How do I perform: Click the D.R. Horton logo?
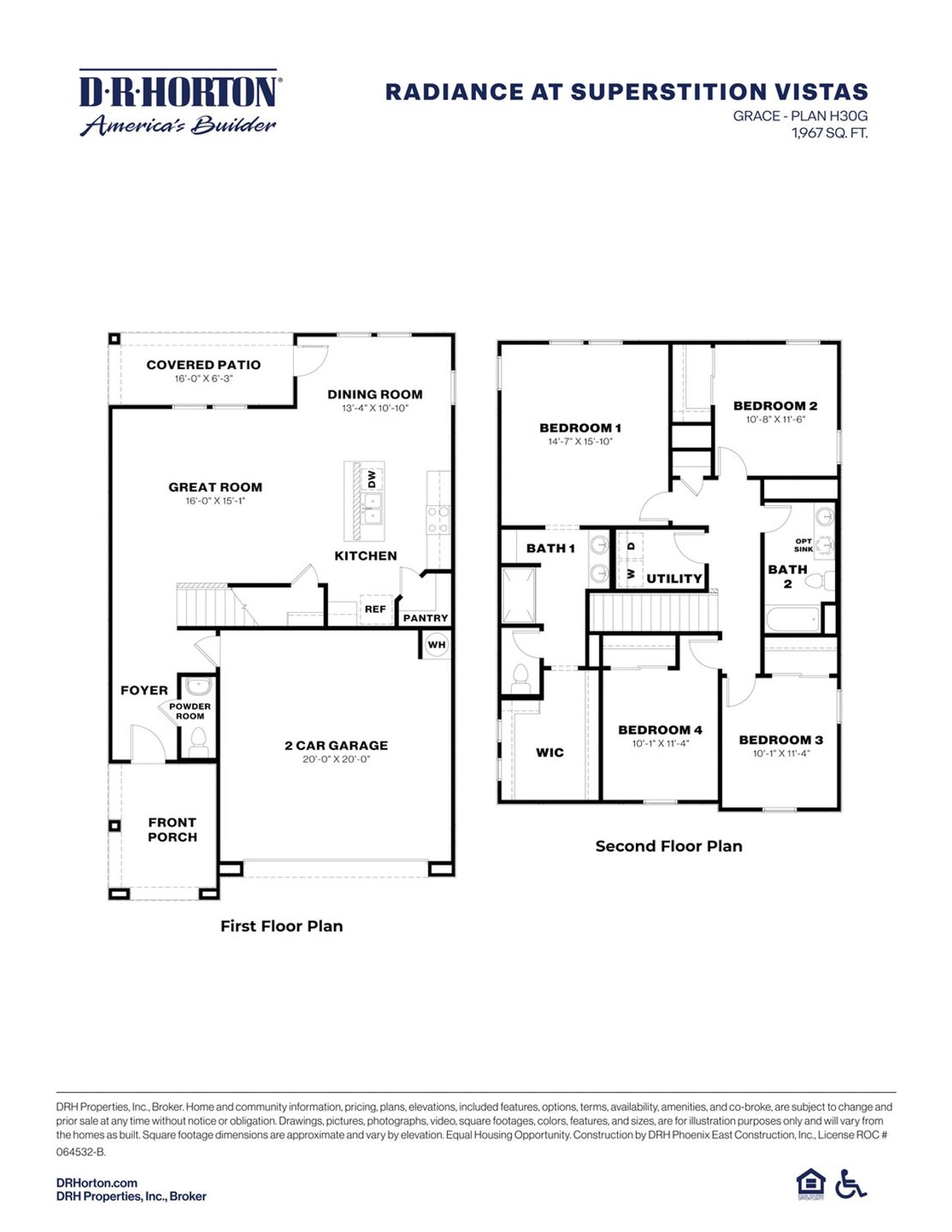click(178, 103)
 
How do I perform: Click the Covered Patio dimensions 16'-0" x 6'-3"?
click(204, 379)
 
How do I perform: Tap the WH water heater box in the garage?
click(437, 645)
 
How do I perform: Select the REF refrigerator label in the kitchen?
click(375, 609)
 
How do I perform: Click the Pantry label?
click(425, 618)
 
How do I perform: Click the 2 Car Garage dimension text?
click(336, 760)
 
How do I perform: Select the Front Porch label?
click(173, 830)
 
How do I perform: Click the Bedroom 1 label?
click(580, 428)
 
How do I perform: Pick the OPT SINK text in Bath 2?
click(804, 545)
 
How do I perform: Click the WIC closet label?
click(550, 753)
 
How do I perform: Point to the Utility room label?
click(674, 579)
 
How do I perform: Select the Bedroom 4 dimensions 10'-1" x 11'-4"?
click(660, 743)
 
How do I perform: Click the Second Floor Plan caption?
click(669, 846)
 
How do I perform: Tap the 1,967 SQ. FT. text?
click(829, 133)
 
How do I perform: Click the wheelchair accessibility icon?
click(850, 1184)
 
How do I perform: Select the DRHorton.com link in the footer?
click(97, 1183)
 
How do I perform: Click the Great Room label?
click(215, 487)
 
